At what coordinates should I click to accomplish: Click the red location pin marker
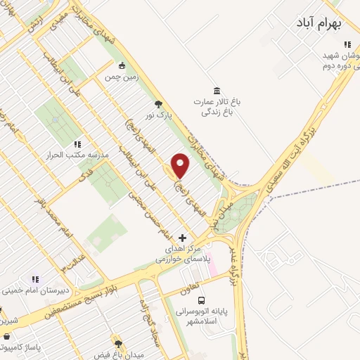coord(181,166)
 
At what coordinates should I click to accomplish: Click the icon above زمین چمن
coord(122,65)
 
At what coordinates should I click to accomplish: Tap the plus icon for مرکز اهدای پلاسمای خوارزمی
coord(184,238)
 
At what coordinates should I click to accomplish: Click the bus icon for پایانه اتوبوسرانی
coord(202,300)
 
